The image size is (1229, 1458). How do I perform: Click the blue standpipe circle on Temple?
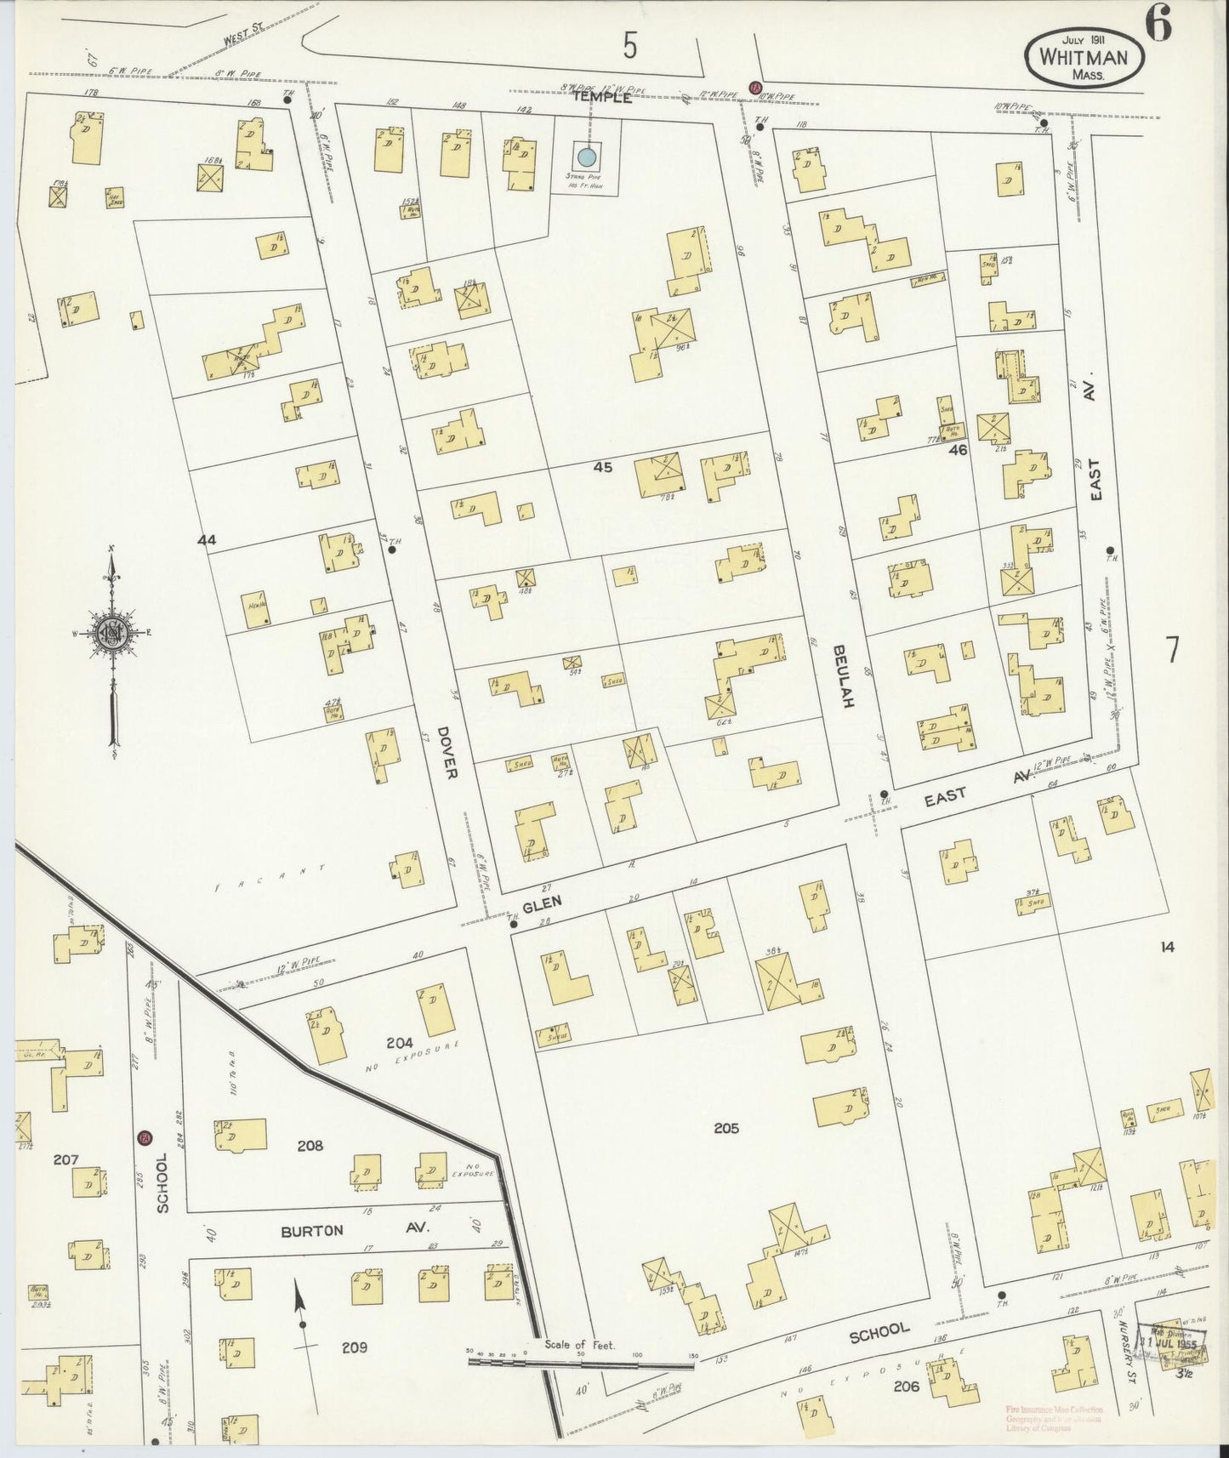(585, 157)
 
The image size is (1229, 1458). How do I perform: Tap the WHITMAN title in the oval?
(1083, 57)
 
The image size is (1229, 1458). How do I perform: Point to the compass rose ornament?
(111, 633)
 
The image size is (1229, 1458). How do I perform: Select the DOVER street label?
(449, 752)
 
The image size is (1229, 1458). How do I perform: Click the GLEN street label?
(543, 906)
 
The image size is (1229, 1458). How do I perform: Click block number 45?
(603, 466)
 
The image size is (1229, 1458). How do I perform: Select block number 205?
(726, 1129)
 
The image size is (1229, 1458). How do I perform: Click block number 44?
(207, 539)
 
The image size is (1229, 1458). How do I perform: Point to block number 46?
(958, 450)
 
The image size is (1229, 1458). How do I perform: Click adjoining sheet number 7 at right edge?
(1173, 650)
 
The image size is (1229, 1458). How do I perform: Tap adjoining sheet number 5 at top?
(629, 46)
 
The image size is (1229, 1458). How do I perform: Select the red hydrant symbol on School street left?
(145, 1138)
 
